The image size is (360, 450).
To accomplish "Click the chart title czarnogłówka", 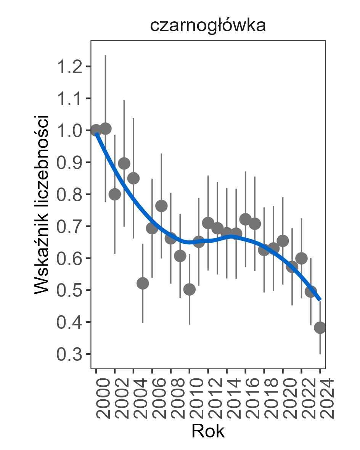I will coord(208,26).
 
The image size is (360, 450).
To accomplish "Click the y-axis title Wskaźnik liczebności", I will coord(42,204).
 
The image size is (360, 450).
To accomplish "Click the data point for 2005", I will coord(143,283).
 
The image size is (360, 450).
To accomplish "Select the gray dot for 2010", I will coord(189,290).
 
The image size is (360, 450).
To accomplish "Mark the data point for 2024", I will coord(320,328).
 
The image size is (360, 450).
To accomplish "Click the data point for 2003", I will coord(124,163).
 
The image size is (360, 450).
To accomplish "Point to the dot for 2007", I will coord(161,206).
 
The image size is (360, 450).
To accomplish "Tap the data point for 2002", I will coord(115,194).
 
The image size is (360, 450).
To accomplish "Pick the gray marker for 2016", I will coord(245,219).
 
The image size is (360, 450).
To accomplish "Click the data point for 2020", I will coord(283,241).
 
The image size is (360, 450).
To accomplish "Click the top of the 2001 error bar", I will coord(105,56).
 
